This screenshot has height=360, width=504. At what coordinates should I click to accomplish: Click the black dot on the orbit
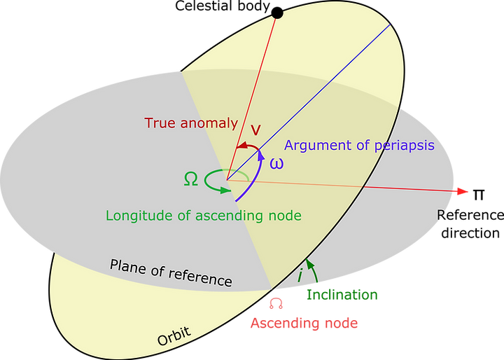coord(277,13)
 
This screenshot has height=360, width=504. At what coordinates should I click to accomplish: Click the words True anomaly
coord(191,123)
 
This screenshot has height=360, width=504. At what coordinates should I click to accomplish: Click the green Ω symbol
coord(190,179)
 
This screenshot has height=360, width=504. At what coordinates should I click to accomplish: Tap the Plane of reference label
coord(170,272)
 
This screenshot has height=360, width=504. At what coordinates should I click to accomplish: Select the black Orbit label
coord(174,338)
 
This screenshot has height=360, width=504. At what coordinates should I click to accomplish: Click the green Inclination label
coord(342,295)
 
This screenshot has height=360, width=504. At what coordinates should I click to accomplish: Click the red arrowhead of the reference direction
coord(461,191)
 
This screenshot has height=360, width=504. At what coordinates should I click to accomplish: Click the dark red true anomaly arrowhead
coord(239,146)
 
